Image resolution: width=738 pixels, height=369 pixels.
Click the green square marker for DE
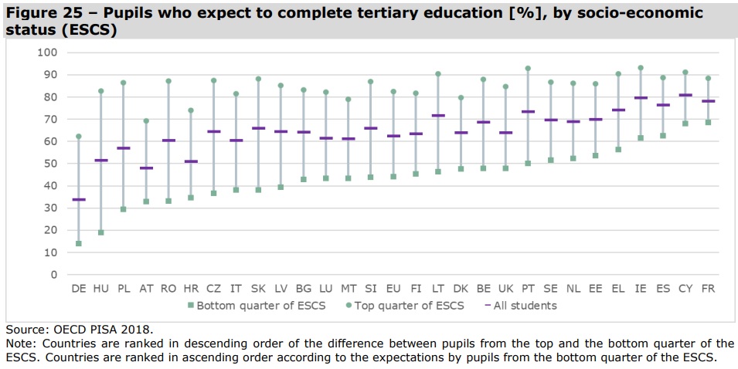(x=79, y=243)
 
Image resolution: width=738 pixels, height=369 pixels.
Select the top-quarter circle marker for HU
(x=101, y=91)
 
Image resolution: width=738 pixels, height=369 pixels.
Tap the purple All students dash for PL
(x=124, y=148)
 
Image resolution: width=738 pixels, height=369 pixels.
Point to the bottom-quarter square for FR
(x=708, y=122)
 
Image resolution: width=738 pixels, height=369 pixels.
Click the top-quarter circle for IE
(x=641, y=68)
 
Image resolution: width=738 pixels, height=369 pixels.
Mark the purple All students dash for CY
(x=685, y=96)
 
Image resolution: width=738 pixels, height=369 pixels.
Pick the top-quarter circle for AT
(x=146, y=120)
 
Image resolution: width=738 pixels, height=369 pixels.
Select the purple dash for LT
(x=438, y=116)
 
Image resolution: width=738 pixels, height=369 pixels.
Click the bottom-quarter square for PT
(x=528, y=163)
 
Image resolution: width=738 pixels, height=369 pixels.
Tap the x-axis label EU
(x=393, y=288)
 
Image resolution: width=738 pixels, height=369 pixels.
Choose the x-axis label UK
(x=505, y=288)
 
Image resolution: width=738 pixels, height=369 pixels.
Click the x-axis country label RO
(x=168, y=288)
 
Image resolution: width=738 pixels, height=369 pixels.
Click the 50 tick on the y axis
(x=50, y=164)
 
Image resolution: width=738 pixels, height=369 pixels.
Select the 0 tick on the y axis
(x=53, y=275)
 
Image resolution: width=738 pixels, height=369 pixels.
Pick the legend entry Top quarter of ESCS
(x=406, y=306)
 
